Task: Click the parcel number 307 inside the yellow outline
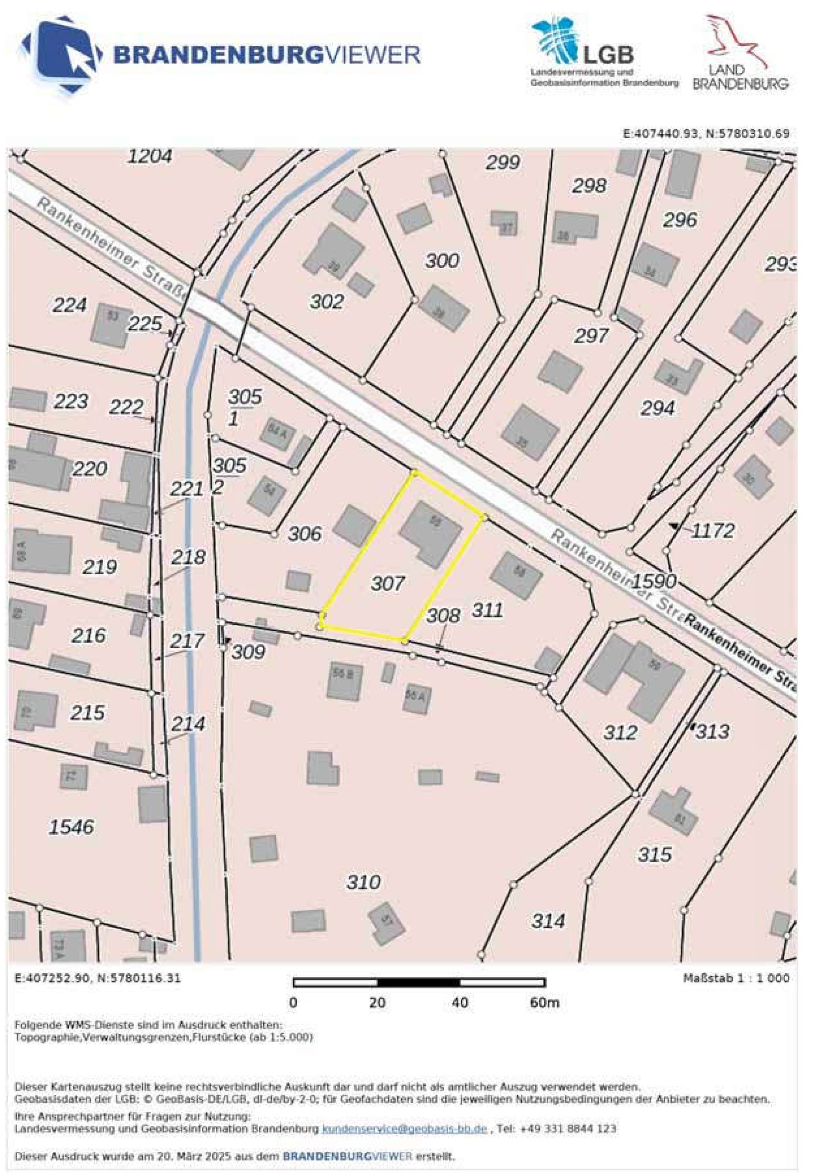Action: click(x=388, y=583)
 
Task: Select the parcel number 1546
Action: click(x=71, y=826)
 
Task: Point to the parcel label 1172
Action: click(x=713, y=531)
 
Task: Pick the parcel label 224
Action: click(x=70, y=305)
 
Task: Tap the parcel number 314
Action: click(x=549, y=921)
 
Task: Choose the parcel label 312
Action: click(x=620, y=732)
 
